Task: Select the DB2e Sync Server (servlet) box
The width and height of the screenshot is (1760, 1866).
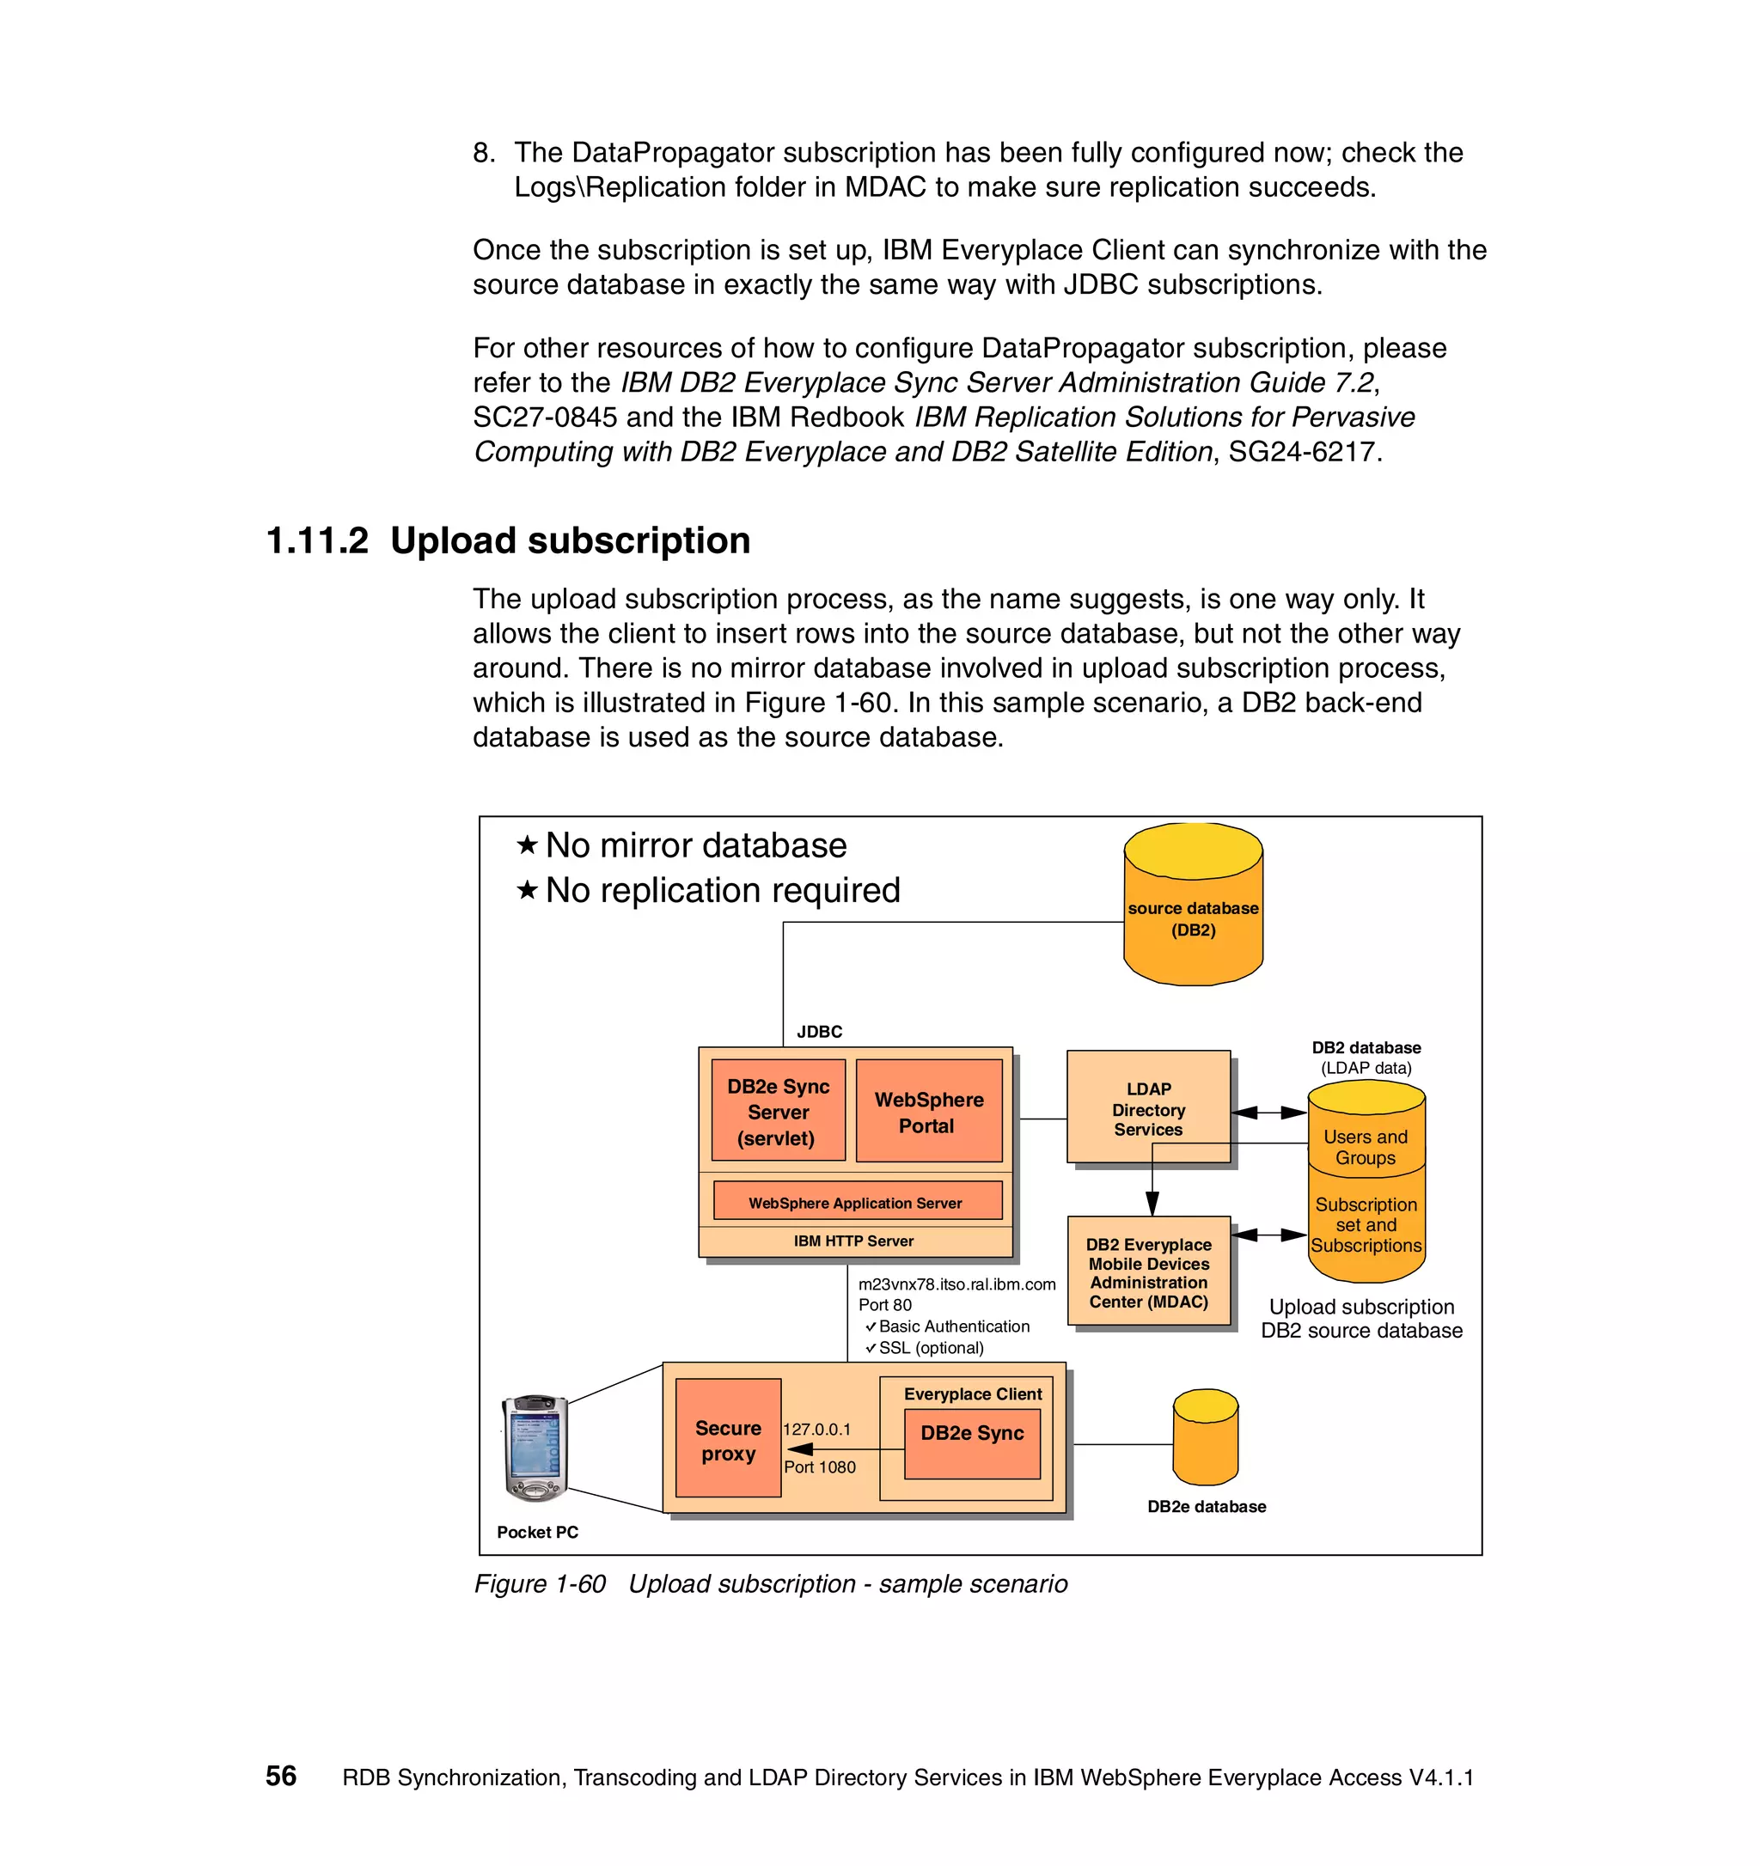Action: click(777, 1112)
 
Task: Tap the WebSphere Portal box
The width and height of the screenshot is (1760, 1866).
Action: click(928, 1112)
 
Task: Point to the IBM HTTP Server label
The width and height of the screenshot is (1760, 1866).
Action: click(853, 1241)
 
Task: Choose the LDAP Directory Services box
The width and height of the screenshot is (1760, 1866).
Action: click(1147, 1107)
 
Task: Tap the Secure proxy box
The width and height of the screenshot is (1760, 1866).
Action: click(728, 1440)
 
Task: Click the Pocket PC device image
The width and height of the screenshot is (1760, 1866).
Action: click(535, 1447)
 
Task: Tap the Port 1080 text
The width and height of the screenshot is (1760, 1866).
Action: click(820, 1467)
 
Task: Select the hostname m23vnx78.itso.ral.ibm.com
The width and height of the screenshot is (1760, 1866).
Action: click(956, 1284)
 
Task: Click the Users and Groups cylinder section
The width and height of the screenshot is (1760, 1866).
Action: click(1365, 1147)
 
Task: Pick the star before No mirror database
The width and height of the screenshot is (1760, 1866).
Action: click(528, 845)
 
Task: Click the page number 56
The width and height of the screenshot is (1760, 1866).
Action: click(281, 1776)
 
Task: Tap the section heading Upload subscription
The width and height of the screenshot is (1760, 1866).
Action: click(570, 540)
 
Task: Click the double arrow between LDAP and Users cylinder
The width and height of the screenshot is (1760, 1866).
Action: click(1268, 1113)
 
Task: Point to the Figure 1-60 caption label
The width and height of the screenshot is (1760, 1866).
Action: click(540, 1584)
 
